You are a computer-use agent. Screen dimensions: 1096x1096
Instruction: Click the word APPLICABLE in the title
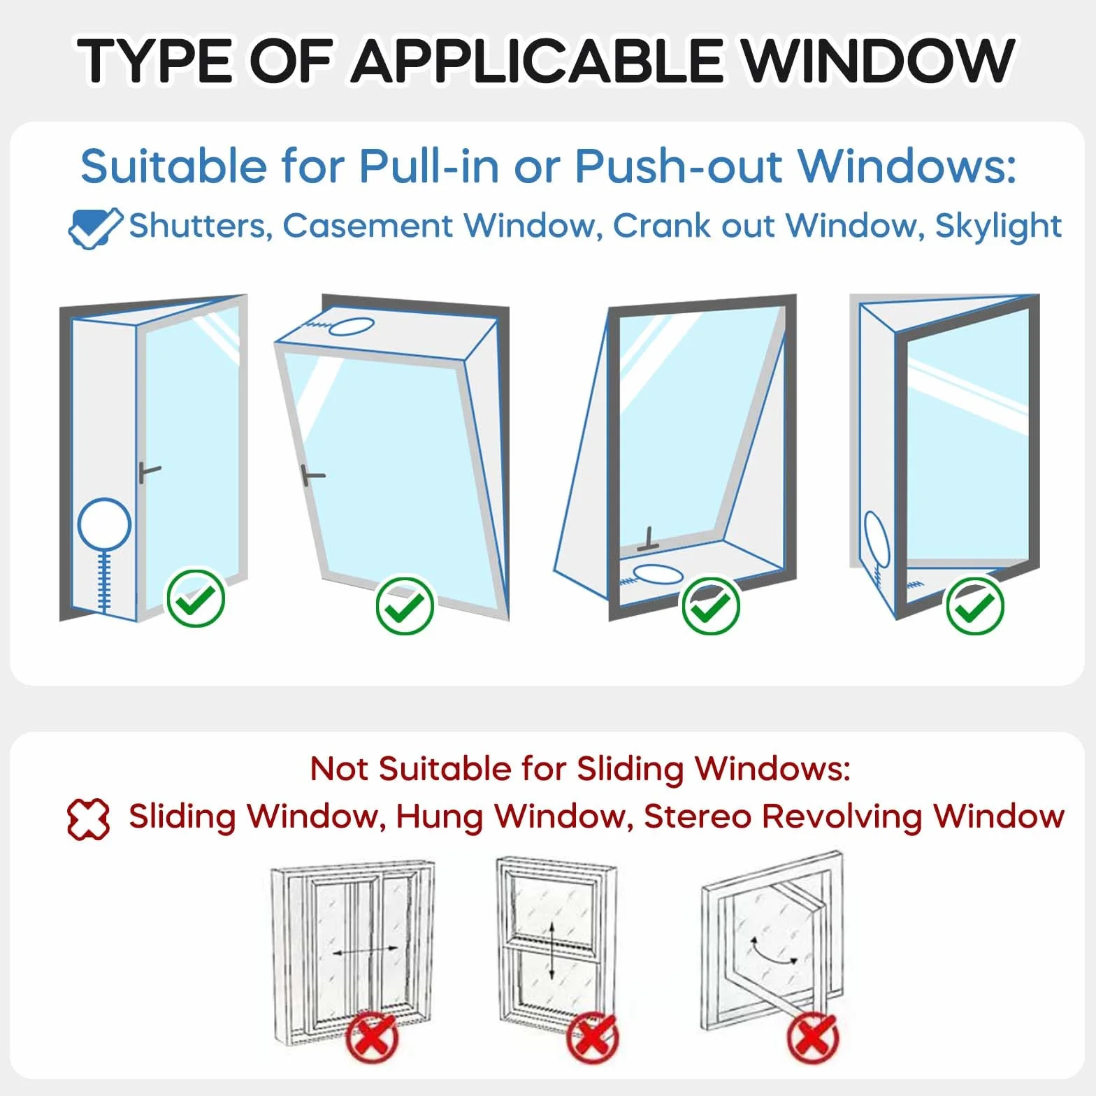(x=536, y=62)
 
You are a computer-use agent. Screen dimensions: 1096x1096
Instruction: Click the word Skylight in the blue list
(x=998, y=226)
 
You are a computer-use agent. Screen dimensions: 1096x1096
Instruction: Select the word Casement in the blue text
(x=368, y=226)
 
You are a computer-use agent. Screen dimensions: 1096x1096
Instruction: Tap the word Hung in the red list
(x=440, y=816)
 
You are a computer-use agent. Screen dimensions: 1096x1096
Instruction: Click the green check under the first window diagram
(x=196, y=598)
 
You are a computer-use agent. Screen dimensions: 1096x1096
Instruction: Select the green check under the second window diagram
(x=405, y=605)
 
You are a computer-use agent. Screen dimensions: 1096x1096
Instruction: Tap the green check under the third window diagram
(x=711, y=605)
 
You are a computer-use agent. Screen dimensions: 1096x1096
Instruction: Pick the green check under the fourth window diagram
(x=975, y=605)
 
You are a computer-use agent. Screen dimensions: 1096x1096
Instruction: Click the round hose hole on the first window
(x=104, y=524)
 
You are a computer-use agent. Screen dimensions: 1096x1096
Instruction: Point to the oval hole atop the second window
(x=350, y=326)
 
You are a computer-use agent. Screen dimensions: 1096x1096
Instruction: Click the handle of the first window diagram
(x=149, y=472)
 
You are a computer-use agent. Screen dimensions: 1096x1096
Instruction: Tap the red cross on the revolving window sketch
(x=813, y=1038)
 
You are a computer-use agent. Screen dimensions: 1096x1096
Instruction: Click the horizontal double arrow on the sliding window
(x=365, y=951)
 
